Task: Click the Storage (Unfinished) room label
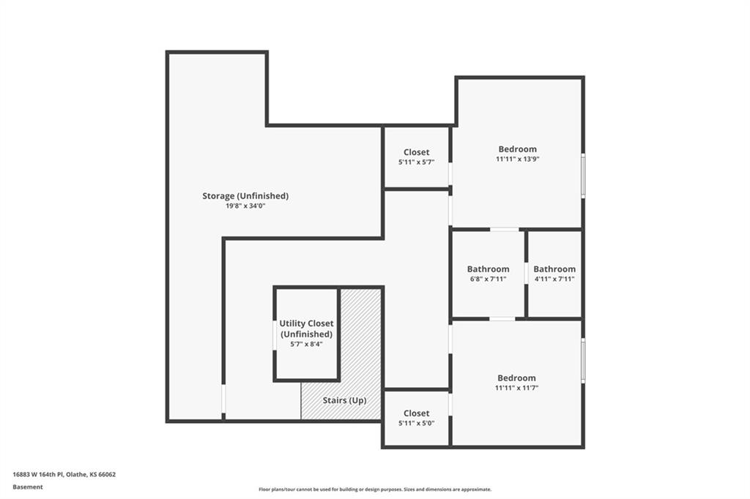(245, 196)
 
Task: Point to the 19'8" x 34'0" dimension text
(245, 206)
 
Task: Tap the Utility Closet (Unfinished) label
(307, 329)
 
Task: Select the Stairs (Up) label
(344, 400)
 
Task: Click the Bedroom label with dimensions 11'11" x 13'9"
(518, 149)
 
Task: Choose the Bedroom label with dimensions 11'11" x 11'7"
(516, 378)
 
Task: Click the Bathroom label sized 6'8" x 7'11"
(488, 269)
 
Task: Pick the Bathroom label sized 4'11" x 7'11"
(554, 269)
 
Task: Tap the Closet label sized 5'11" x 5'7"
(416, 152)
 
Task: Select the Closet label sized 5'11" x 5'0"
(416, 413)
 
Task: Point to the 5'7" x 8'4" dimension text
(307, 344)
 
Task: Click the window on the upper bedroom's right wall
(583, 176)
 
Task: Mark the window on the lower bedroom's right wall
(583, 361)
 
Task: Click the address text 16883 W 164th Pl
(38, 475)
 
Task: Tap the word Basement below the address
(28, 487)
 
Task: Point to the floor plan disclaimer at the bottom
(375, 489)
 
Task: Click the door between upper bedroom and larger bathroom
(504, 230)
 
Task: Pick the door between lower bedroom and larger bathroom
(502, 319)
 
